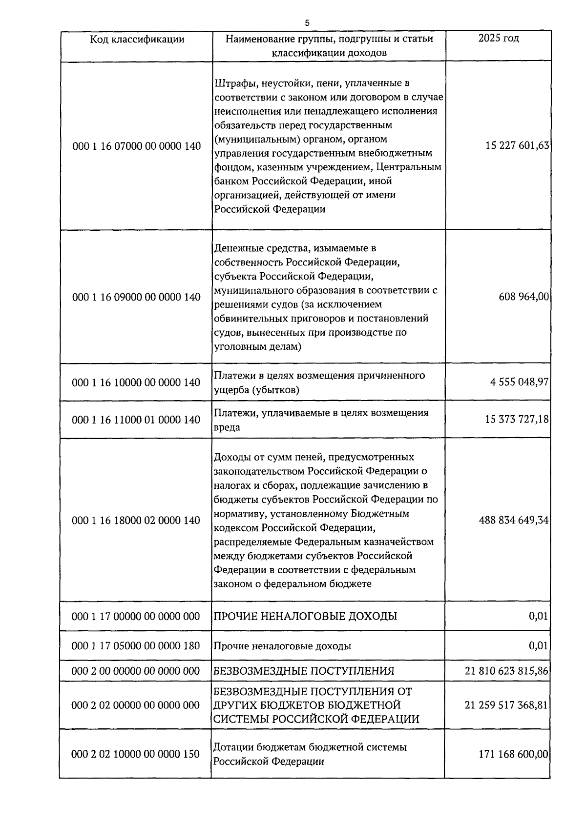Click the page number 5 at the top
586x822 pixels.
[x=307, y=22]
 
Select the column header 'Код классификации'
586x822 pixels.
[x=137, y=39]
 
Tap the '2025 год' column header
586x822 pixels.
[x=498, y=38]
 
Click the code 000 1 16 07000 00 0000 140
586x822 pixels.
[x=136, y=146]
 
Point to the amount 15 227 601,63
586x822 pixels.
[x=517, y=145]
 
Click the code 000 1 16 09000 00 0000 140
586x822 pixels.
[x=136, y=297]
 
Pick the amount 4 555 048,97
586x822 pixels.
[x=520, y=382]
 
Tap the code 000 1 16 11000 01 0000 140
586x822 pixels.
[x=136, y=420]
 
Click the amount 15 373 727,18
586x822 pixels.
[x=517, y=419]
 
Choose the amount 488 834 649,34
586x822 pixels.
[x=514, y=520]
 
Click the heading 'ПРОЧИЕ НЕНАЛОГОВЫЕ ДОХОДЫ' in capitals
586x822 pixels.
[x=305, y=616]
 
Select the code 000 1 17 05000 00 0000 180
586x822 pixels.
[x=136, y=646]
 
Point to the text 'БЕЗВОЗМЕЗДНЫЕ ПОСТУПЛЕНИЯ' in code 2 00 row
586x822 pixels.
[x=304, y=671]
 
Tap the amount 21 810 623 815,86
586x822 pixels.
[x=507, y=671]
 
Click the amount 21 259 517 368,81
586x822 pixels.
[x=507, y=705]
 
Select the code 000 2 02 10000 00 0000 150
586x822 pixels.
[x=136, y=754]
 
